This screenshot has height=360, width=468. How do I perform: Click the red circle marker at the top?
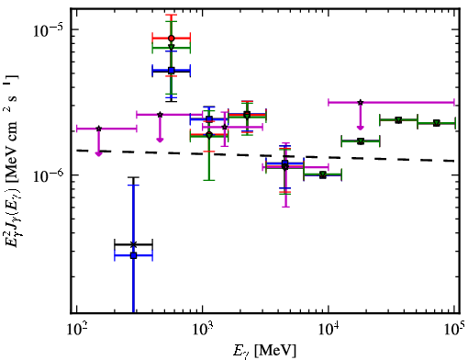(172, 39)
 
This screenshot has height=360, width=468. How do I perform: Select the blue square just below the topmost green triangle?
(172, 71)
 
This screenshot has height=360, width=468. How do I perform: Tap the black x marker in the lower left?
(133, 244)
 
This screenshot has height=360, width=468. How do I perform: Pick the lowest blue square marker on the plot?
(133, 255)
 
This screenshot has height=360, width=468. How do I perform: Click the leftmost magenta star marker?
(98, 129)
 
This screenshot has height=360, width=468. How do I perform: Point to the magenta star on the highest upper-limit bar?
(361, 102)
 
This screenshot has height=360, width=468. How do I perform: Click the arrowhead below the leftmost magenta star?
(98, 153)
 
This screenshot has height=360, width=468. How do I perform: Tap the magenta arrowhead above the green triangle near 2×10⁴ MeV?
(361, 128)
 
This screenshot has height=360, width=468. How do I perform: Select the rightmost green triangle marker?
(437, 123)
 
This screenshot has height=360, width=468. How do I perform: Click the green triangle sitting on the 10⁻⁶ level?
(322, 175)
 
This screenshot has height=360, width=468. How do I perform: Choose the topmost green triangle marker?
(172, 48)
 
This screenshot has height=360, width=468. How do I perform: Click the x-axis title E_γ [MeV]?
(264, 351)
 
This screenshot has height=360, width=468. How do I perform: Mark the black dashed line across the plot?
(265, 155)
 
